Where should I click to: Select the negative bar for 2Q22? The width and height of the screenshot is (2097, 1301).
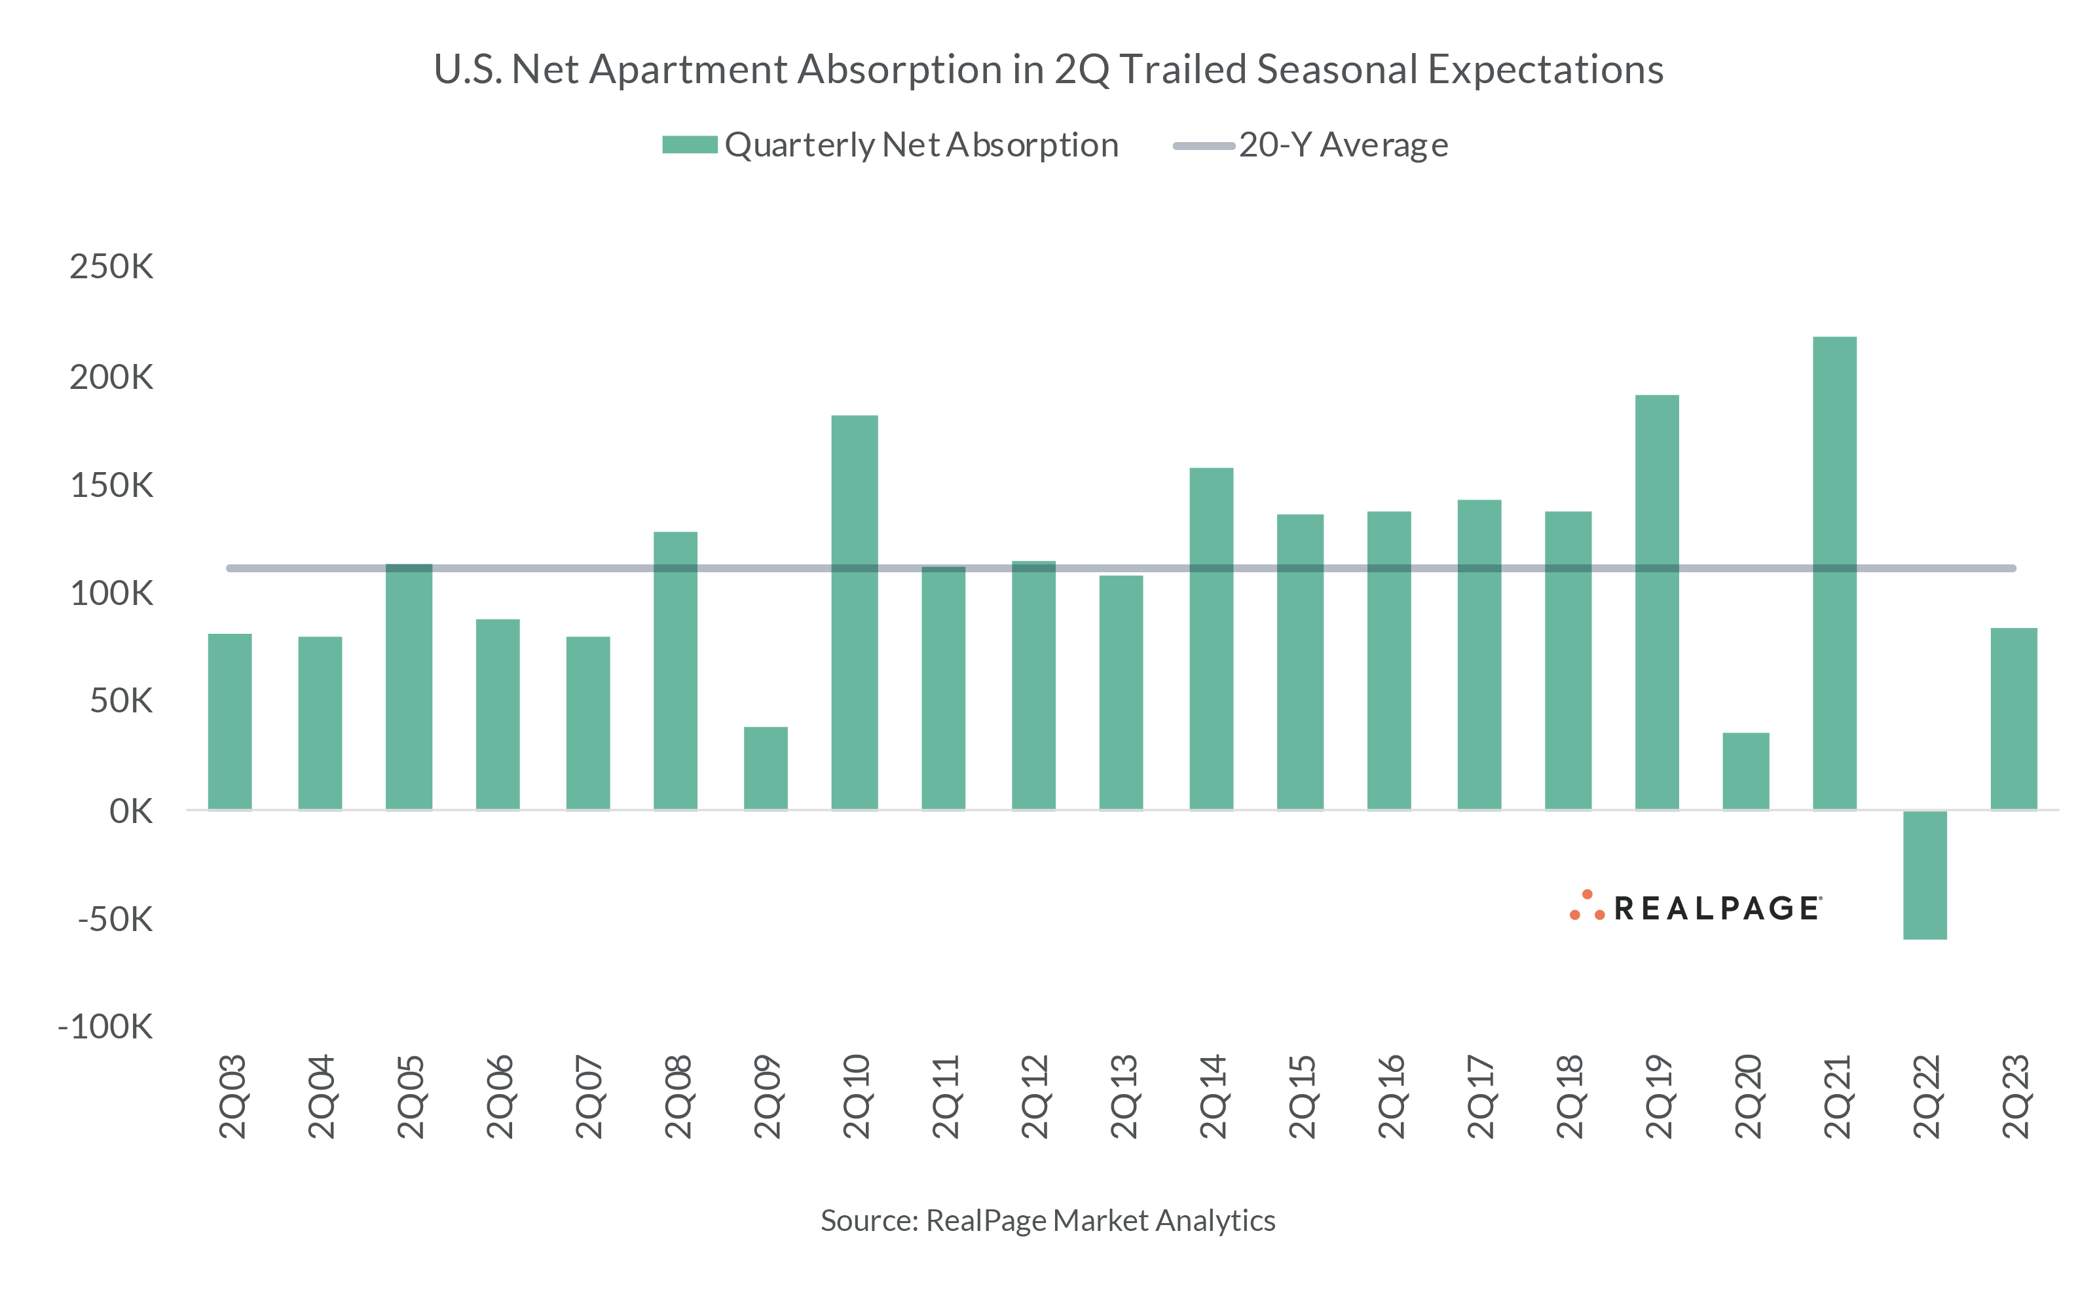(x=1924, y=874)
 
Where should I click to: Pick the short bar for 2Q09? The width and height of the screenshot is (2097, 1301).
(x=765, y=769)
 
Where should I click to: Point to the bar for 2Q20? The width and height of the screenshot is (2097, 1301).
(x=1745, y=771)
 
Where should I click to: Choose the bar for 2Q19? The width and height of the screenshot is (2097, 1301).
(x=1656, y=602)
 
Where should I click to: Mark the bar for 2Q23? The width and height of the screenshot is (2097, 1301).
(x=2014, y=718)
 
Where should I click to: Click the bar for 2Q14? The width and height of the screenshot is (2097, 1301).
(x=1211, y=638)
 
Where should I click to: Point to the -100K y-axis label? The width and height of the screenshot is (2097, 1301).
(x=105, y=1027)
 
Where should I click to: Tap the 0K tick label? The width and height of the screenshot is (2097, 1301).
(x=131, y=811)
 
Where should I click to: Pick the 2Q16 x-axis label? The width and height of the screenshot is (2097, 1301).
(x=1390, y=1097)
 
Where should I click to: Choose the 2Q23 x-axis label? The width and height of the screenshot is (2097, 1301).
(x=2014, y=1097)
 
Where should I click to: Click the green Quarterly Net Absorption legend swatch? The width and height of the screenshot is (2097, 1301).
(x=689, y=145)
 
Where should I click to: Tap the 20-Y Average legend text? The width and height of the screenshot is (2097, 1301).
(x=1343, y=145)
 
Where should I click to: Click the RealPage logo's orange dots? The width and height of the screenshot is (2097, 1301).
(x=1586, y=907)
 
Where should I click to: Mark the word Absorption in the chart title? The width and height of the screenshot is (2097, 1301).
(x=899, y=69)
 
